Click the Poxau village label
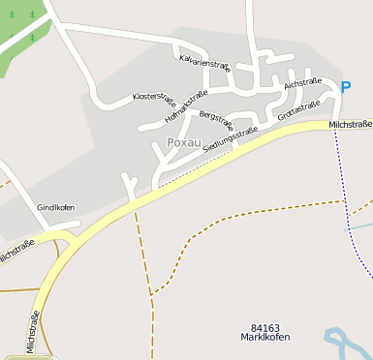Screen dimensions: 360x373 pyautogui.click(x=183, y=142)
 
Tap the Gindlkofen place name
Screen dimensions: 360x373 pyautogui.click(x=55, y=208)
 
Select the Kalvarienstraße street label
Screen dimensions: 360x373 pyautogui.click(x=204, y=63)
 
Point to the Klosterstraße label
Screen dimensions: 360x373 pyautogui.click(x=153, y=98)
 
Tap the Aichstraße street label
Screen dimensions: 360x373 pyautogui.click(x=302, y=84)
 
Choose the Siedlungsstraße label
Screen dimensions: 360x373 pyautogui.click(x=230, y=137)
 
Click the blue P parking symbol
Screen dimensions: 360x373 pyautogui.click(x=346, y=88)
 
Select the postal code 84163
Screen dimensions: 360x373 pyautogui.click(x=264, y=328)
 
